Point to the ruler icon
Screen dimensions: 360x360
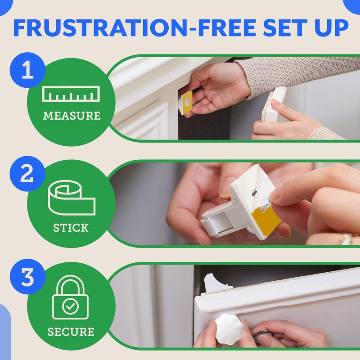click(x=71, y=94)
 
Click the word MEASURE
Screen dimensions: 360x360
click(x=72, y=116)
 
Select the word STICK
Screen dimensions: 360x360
click(x=71, y=228)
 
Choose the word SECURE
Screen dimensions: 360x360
click(x=71, y=332)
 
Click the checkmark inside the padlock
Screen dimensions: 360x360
click(x=71, y=307)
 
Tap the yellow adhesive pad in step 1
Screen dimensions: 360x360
click(x=187, y=102)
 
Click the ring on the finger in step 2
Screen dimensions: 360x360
click(x=346, y=238)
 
